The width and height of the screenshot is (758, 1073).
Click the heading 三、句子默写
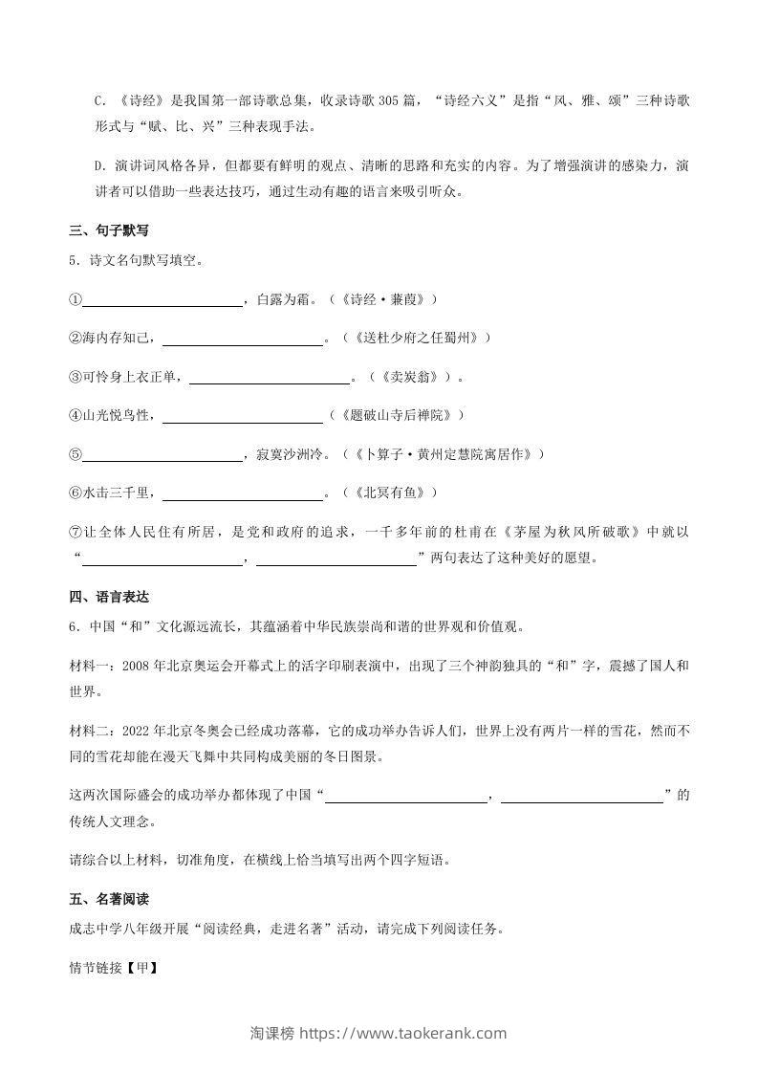[x=109, y=231]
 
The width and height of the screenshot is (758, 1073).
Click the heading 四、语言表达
[x=109, y=598]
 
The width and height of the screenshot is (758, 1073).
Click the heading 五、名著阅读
[x=109, y=900]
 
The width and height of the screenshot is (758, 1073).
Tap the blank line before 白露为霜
[x=162, y=299]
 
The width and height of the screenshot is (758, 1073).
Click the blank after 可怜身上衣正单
[x=270, y=377]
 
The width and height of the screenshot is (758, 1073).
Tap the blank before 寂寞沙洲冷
[x=162, y=454]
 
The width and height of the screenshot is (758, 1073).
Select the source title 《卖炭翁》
[x=412, y=377]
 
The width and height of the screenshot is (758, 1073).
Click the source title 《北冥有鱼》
[x=394, y=493]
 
